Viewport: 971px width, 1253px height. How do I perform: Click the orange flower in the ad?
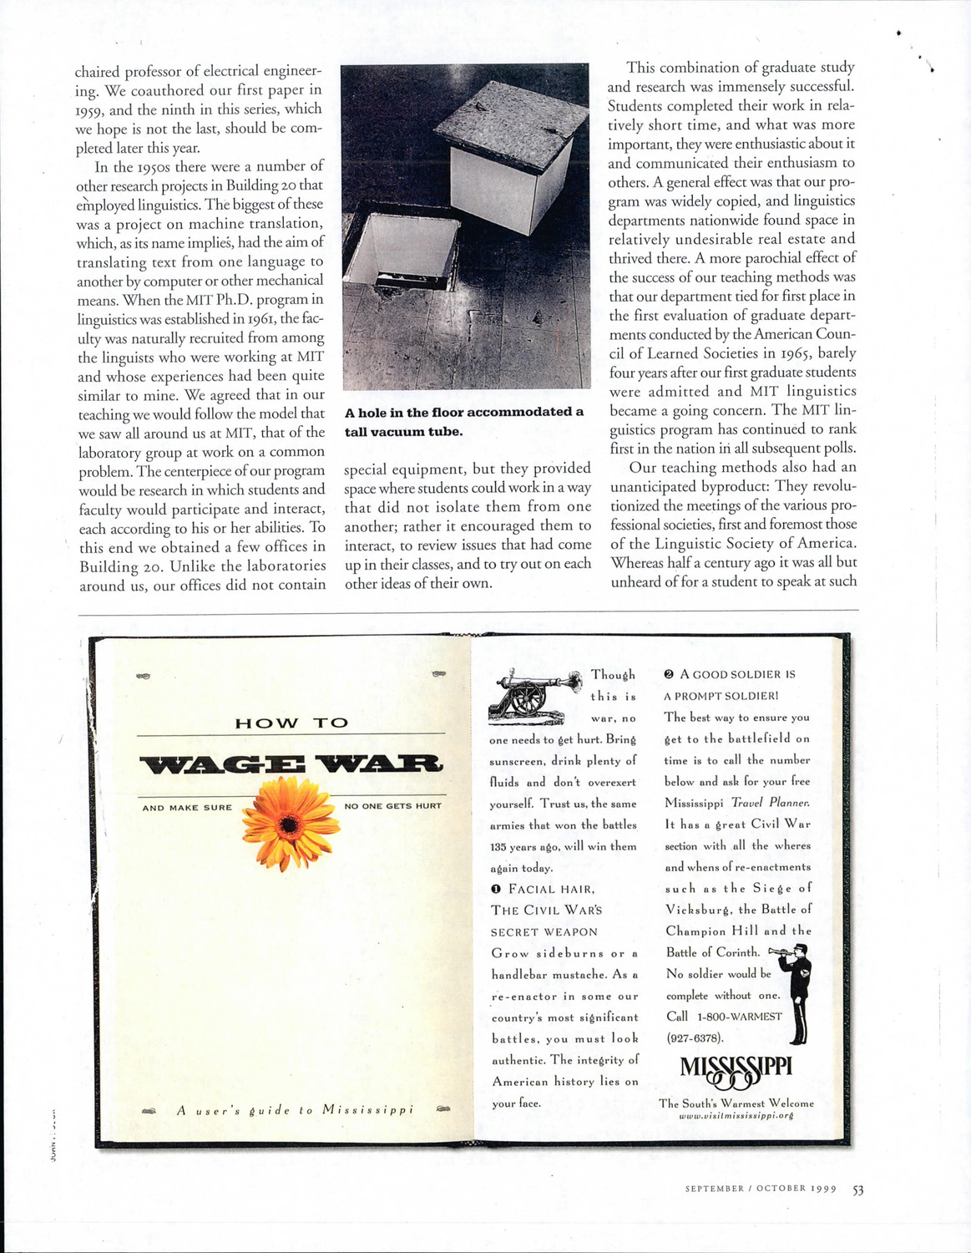(288, 823)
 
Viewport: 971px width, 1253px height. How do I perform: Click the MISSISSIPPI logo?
(736, 1068)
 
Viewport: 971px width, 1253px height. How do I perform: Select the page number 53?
(857, 1190)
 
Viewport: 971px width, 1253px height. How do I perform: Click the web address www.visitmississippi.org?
(736, 1115)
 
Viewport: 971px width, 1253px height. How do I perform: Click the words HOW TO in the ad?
(291, 723)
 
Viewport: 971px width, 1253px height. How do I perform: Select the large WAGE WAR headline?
(291, 764)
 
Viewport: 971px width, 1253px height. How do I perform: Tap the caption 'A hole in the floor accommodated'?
(464, 412)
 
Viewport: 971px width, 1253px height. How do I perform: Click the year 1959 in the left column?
(89, 109)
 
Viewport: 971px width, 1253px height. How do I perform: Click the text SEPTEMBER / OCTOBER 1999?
(761, 1189)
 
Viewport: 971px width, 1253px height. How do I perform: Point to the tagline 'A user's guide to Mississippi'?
(295, 1110)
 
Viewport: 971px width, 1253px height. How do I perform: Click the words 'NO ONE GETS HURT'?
(392, 807)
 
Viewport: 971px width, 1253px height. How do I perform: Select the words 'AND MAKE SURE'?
(187, 808)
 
